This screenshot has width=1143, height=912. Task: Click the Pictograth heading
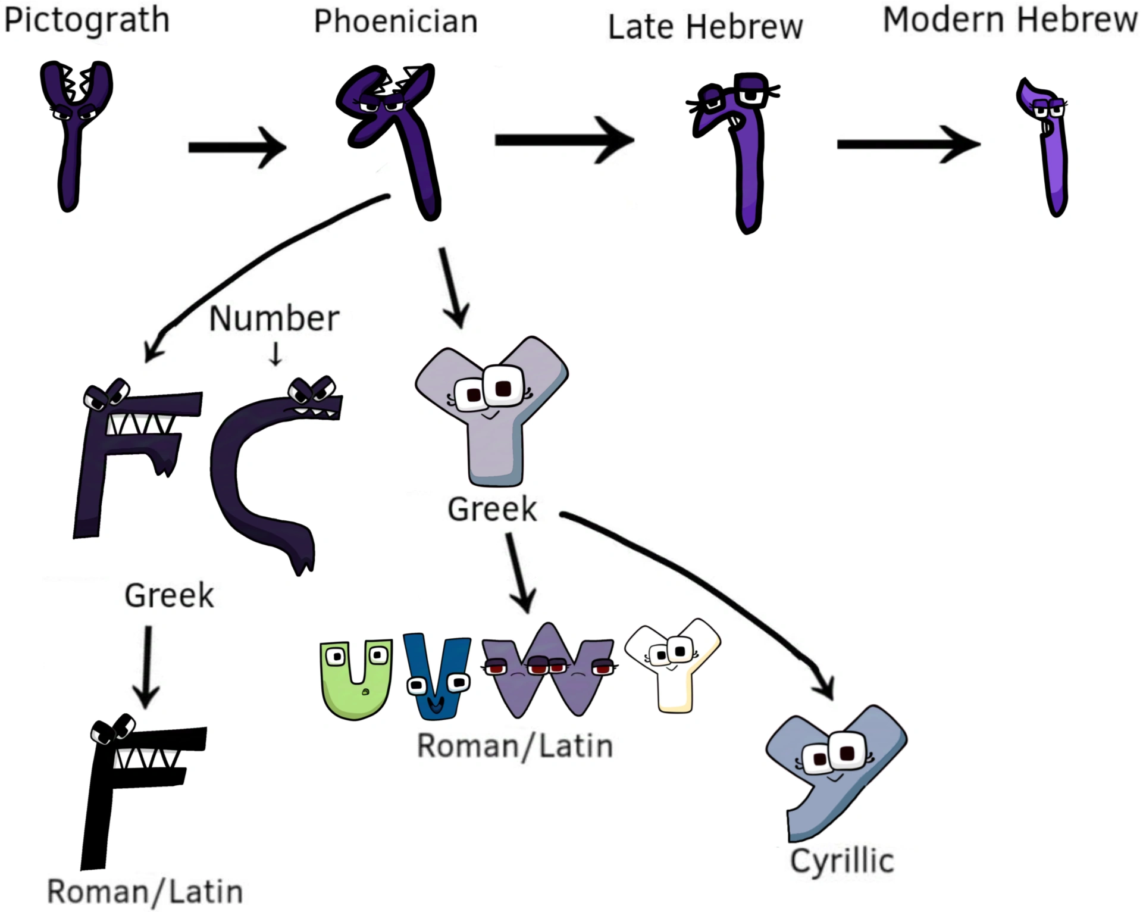coord(87,21)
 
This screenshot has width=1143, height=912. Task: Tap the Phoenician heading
coord(396,22)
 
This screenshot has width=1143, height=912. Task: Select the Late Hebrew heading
coord(705,27)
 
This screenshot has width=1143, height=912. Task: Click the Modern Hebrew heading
coord(1010,20)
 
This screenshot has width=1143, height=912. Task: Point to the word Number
coord(274,319)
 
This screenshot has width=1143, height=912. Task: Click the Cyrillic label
coord(842,861)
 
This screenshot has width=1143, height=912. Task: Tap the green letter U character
coord(356,679)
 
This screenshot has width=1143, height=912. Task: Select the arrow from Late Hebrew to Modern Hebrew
coord(907,144)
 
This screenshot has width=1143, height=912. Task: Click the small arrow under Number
coord(275,355)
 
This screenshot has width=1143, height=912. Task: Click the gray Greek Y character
coord(493,411)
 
